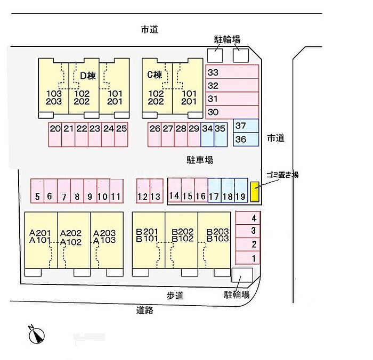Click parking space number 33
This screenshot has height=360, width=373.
tap(232, 72)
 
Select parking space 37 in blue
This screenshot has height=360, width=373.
tap(246, 126)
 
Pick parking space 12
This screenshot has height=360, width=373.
tap(142, 191)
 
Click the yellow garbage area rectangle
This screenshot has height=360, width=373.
tap(255, 193)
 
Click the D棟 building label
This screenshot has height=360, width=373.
tap(87, 76)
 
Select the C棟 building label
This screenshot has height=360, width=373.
tap(154, 76)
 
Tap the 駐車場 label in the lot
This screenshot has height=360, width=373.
tap(200, 159)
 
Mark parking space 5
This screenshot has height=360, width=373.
tap(37, 191)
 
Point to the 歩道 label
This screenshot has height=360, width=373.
tap(175, 296)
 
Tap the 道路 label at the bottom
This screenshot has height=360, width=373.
tap(145, 310)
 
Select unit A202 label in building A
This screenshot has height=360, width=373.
tap(71, 233)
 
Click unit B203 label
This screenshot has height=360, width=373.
tap(217, 232)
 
